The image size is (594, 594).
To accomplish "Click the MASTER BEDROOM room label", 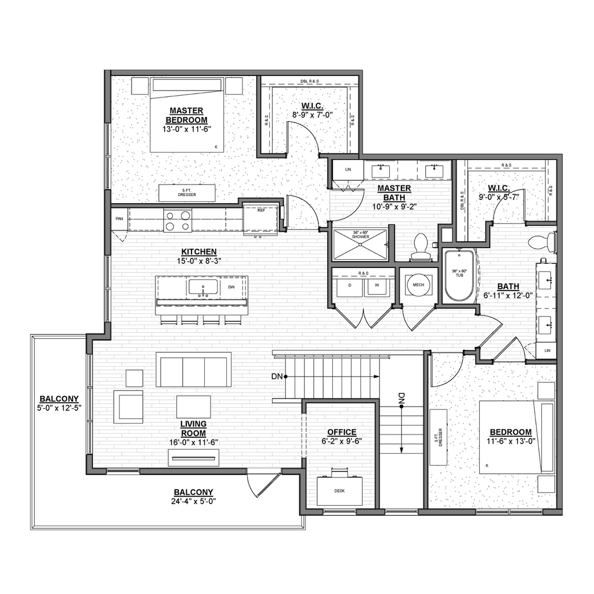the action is (x=186, y=115).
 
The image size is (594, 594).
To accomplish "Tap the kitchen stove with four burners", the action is (x=178, y=220).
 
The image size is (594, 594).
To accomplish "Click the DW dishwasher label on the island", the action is (x=231, y=287).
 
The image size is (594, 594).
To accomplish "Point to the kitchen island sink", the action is (x=202, y=287).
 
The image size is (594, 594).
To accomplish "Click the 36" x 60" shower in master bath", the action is (x=360, y=244).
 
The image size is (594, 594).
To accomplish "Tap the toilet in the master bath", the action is (x=420, y=247).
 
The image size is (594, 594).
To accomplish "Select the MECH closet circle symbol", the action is (x=418, y=285).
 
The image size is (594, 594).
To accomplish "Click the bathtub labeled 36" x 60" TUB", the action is (x=459, y=276).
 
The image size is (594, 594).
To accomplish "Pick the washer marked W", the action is (x=376, y=285).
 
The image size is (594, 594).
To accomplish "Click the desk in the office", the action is (x=340, y=490).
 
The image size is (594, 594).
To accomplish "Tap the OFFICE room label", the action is (x=342, y=432).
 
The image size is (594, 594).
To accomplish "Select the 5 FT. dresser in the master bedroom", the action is (x=187, y=193).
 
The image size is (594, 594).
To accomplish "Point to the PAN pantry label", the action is (x=119, y=219).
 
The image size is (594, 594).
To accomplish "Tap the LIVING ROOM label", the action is (x=193, y=428).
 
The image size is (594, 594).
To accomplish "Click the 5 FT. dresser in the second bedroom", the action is (x=439, y=436).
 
